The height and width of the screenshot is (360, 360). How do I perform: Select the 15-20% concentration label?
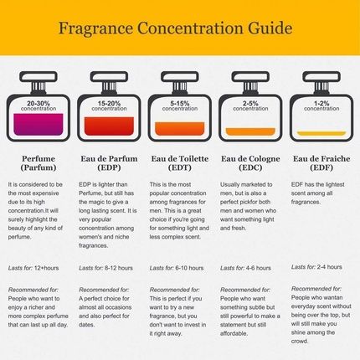click(x=106, y=105)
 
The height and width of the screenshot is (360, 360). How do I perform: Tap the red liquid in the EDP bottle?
click(x=106, y=126)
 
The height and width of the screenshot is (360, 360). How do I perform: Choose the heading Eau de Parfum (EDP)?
click(x=106, y=162)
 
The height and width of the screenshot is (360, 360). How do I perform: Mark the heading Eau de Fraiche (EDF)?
click(x=321, y=162)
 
